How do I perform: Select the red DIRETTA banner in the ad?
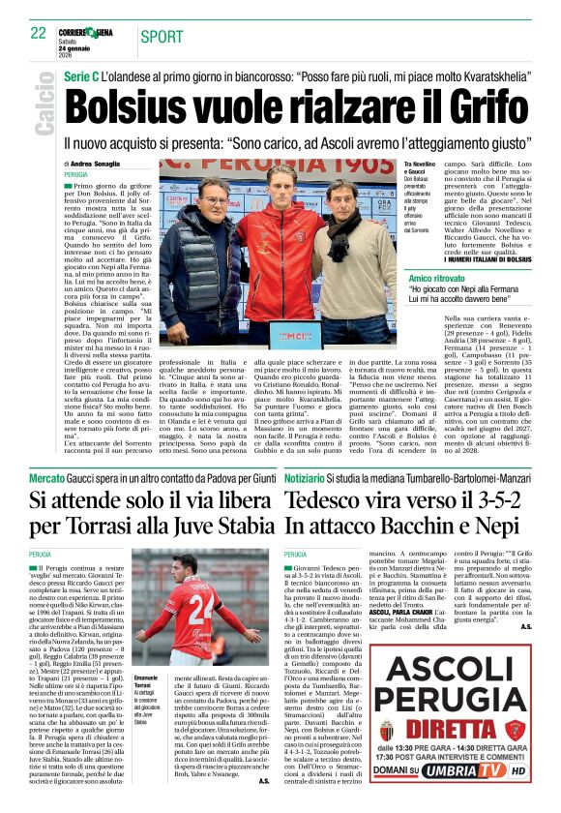coord(455,729)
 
